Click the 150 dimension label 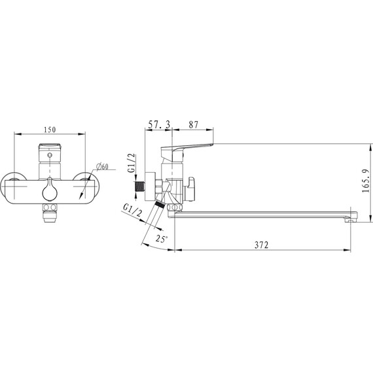50,130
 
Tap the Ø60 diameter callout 103,166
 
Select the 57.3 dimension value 159,124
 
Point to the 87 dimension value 194,124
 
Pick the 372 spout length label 262,245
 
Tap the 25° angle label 162,238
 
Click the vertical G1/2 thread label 132,163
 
